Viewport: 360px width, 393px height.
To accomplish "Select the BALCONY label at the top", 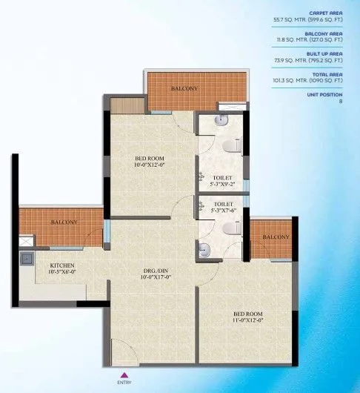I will click(184, 89).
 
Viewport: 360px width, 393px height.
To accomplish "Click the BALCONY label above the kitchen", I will click(64, 222).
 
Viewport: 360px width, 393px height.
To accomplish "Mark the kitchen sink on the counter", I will click(27, 259).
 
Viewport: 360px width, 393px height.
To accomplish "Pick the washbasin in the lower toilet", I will click(206, 251).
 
